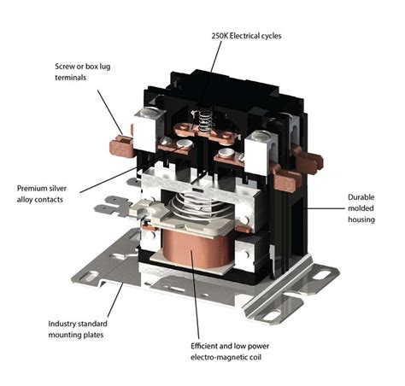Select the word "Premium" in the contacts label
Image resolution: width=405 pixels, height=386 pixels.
tap(34, 187)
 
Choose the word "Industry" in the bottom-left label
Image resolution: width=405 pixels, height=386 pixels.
tap(65, 324)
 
